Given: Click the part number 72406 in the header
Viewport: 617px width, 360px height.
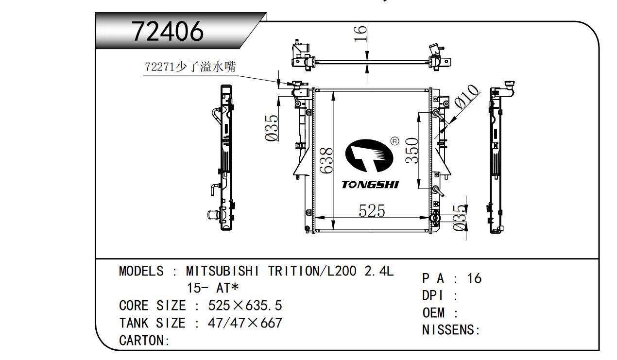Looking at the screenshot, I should pos(168,32).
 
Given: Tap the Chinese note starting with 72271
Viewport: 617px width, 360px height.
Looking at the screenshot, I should pos(190,67).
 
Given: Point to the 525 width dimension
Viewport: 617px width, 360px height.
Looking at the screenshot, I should pos(372,211).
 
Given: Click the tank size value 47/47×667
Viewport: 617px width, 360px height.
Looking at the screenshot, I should pos(245,323).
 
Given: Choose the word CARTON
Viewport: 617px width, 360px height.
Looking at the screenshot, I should pos(141,341).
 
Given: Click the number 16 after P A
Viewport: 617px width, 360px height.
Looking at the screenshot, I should pos(474,278).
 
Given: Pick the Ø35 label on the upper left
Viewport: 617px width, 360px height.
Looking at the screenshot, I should pos(272,128).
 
